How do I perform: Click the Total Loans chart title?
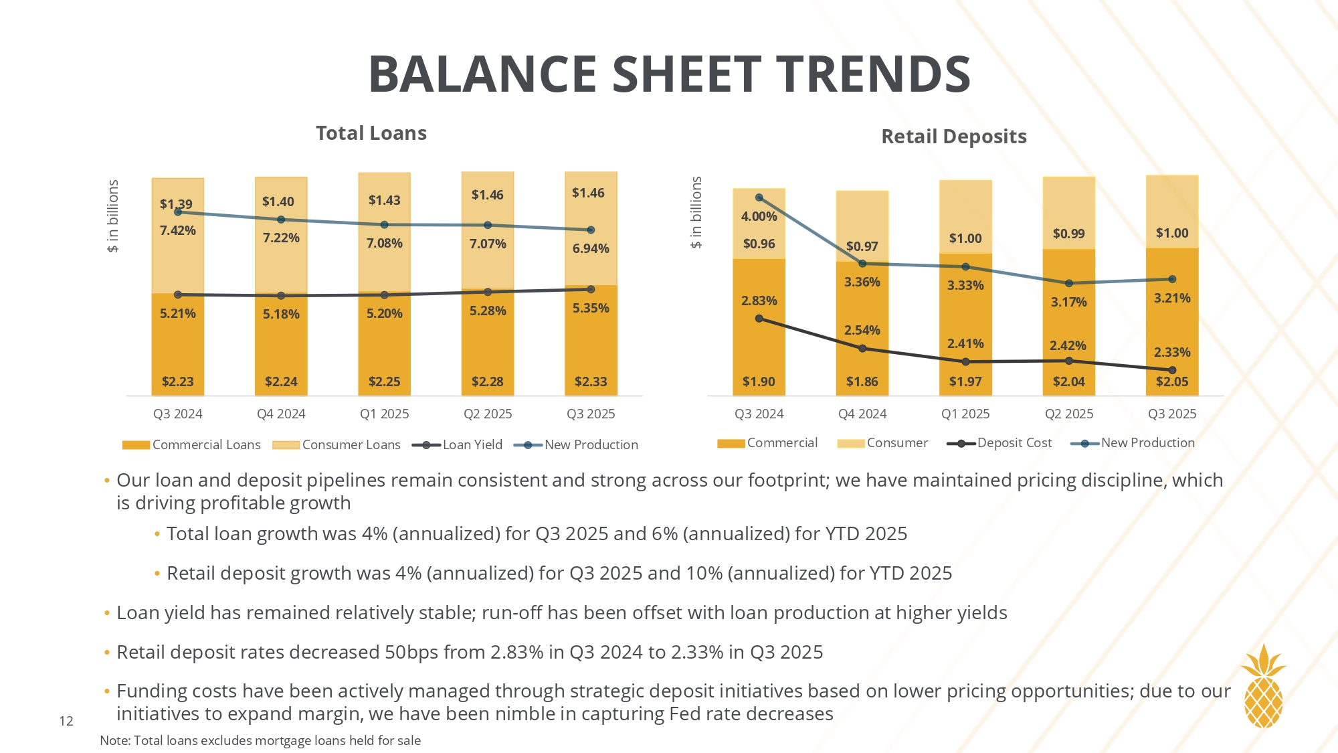371,133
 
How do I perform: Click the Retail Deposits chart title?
953,137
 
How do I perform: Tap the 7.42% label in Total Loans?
177,230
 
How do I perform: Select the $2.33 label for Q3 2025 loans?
591,382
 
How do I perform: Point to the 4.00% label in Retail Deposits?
759,216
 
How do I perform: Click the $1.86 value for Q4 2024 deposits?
862,382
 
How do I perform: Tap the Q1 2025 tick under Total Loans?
384,414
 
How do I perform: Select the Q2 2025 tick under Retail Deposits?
1068,414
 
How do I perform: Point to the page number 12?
66,721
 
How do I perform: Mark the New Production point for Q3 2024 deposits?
759,197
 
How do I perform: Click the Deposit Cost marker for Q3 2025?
1172,370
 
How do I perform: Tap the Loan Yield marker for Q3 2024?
178,295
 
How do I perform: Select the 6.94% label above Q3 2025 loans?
591,248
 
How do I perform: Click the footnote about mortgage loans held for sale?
260,740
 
